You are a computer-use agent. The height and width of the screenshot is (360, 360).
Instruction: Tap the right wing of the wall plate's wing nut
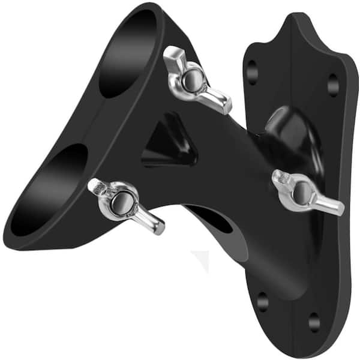coord(330,206)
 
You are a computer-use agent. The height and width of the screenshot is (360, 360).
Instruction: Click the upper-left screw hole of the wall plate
coord(252,72)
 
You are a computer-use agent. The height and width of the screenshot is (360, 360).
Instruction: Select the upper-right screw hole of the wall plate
coord(334,85)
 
